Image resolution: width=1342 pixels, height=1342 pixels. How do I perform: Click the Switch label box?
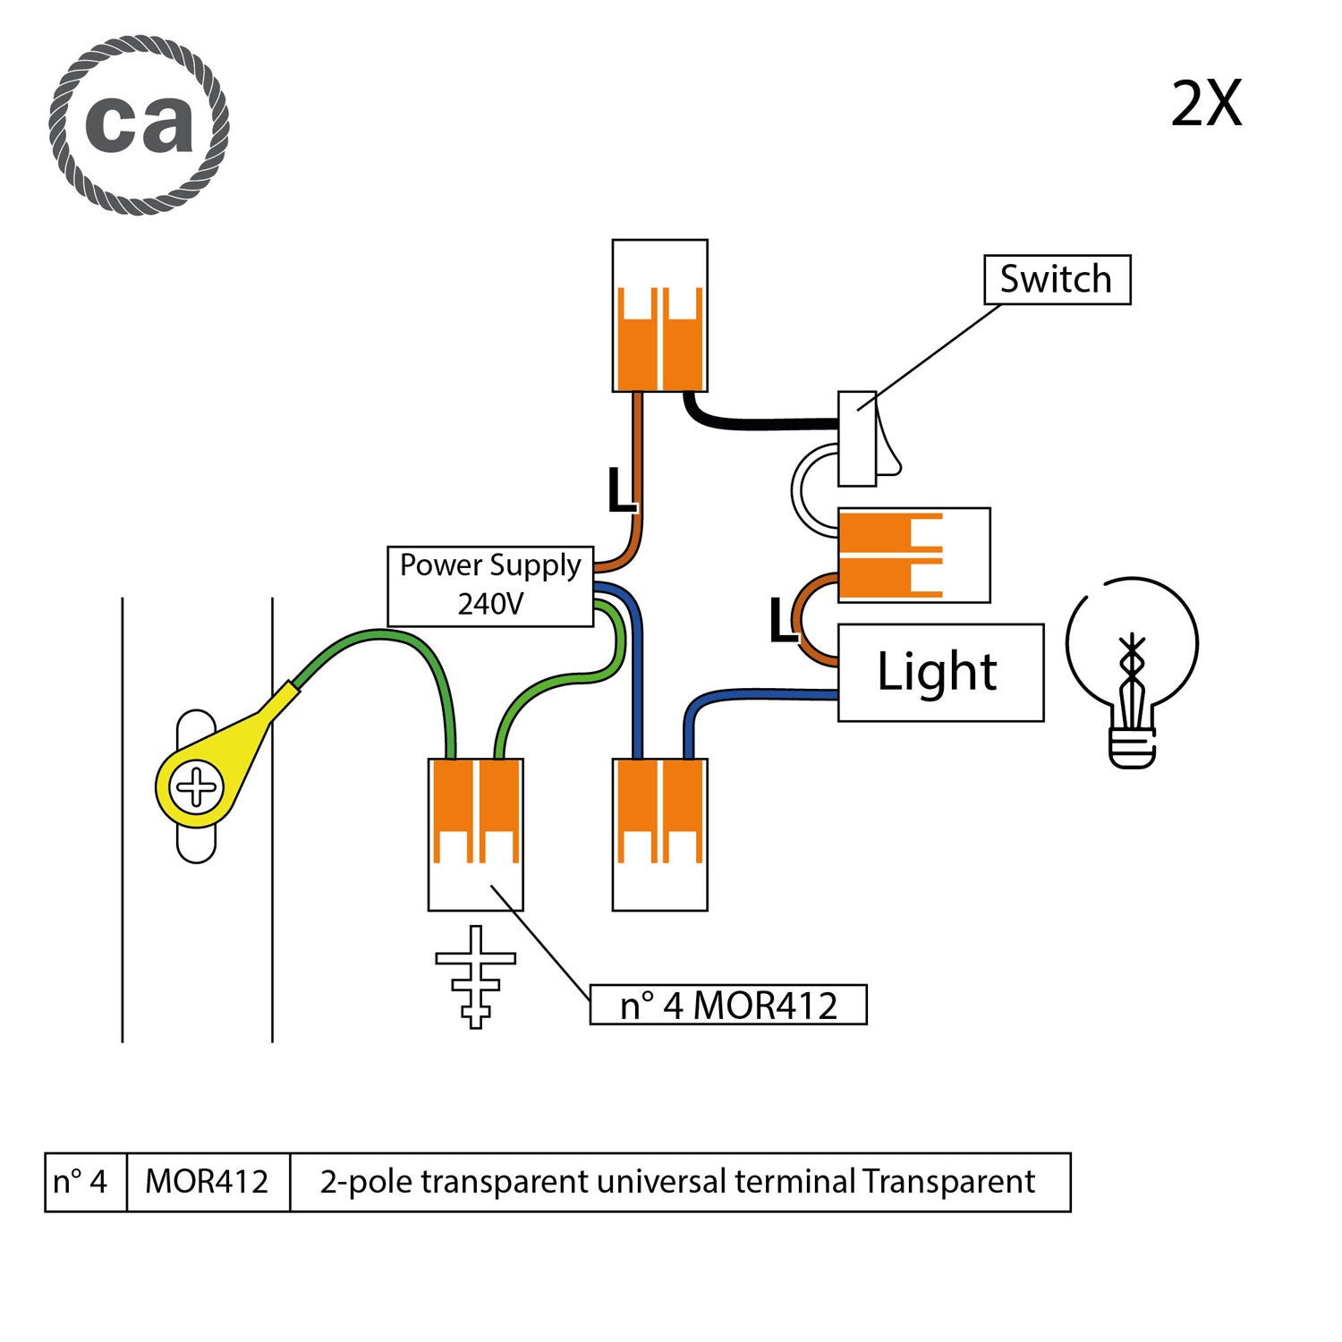coord(1057,280)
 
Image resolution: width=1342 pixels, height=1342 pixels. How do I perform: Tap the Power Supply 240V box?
coord(490,586)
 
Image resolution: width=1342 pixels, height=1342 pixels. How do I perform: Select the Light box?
coord(940,673)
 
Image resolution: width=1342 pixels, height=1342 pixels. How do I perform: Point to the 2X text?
coord(1206,105)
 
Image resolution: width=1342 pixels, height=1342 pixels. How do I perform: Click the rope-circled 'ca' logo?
coord(140,125)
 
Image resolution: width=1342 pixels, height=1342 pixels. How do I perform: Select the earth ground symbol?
coord(475,977)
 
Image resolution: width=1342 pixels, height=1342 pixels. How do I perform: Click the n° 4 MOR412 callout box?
coord(728,1005)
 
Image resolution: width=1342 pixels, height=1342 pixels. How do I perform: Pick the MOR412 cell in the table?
coord(208,1182)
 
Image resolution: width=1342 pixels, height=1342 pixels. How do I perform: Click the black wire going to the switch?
coord(760,423)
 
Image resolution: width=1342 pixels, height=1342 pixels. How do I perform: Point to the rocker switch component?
coord(864,438)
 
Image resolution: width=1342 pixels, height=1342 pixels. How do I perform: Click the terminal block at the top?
coord(660,316)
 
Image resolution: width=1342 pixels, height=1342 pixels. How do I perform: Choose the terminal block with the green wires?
coord(475,834)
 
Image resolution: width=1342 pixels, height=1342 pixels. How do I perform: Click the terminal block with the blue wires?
coord(660,834)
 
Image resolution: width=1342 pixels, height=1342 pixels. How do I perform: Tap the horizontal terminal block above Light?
coord(913,555)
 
